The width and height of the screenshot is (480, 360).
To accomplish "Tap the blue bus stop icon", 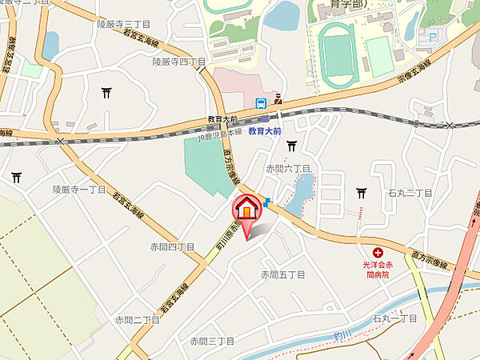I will tap(261, 103).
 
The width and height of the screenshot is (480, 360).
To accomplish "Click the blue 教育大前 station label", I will tap(264, 130).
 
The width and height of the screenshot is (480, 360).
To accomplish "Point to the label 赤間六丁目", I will tap(287, 168).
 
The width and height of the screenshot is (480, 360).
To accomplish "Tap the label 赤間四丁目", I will tap(172, 246).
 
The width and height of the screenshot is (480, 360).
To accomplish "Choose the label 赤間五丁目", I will tap(282, 274).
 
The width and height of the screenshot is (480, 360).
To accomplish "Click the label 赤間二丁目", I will tap(137, 319).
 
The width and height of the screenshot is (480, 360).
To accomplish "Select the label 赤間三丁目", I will tap(212, 341).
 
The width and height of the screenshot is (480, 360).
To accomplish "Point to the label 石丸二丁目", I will tap(410, 193).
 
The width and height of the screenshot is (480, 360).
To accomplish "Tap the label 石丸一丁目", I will tap(394, 318).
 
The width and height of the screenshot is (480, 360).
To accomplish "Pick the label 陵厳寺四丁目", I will tap(179, 61).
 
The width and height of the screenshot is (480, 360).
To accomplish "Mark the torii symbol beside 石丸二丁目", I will tap(362, 193).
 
